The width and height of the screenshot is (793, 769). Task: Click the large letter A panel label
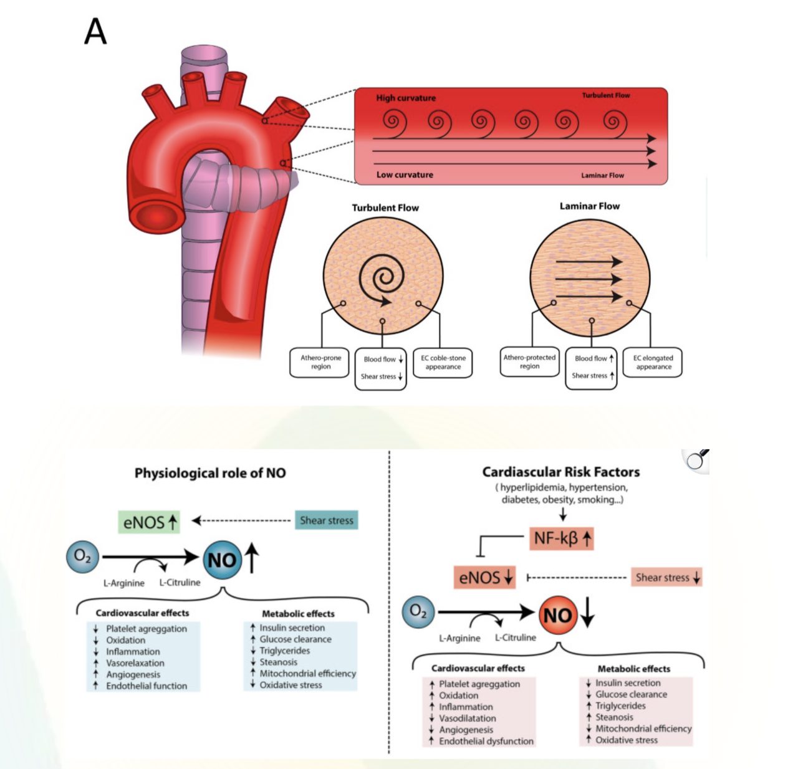point(95,31)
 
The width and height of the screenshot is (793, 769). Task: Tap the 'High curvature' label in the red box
point(406,98)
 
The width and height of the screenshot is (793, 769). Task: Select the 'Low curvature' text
point(405,175)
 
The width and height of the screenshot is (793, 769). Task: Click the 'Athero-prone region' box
point(320,362)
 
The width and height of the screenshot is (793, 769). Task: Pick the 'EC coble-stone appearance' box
point(443,362)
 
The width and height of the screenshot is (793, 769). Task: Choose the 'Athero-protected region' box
point(529,361)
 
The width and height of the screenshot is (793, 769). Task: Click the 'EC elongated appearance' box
point(653,362)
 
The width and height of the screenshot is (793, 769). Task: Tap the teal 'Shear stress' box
point(327,520)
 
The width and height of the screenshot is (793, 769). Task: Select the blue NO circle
point(222,560)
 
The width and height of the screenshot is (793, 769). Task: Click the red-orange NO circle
point(557,615)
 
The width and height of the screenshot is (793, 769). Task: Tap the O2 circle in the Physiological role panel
point(82,556)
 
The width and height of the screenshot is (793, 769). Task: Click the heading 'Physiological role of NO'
point(210,473)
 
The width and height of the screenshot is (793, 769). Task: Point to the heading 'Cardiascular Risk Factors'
point(560,472)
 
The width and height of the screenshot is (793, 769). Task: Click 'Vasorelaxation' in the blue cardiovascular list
point(135,663)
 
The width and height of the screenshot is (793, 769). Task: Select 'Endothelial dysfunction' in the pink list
point(486,741)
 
